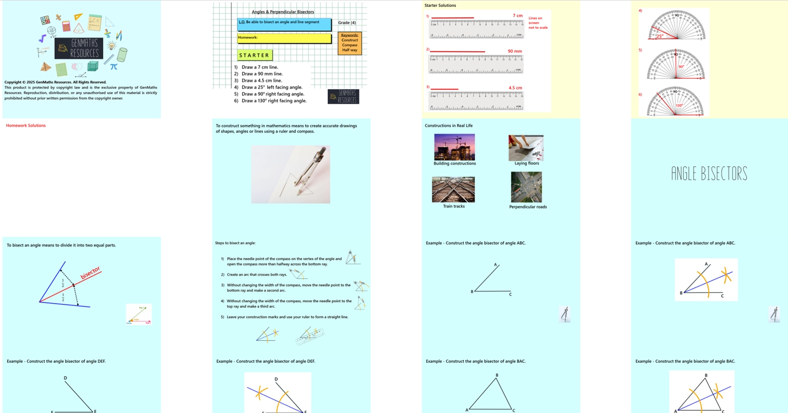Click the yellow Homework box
pos(284,38)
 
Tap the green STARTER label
pos(255,55)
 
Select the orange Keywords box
pos(350,43)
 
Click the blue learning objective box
pos(284,24)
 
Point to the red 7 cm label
pos(518,16)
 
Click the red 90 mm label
pos(515,51)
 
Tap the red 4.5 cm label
pos(515,88)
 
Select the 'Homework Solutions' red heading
pos(26,125)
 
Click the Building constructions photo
pos(454,147)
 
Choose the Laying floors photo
pos(526,147)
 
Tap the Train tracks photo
pos(453,189)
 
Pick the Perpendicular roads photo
pos(526,187)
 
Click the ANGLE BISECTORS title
pos(709,174)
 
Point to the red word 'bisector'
pos(90,273)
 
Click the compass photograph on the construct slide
pos(290,174)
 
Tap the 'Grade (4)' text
pos(347,22)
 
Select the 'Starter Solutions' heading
pos(440,5)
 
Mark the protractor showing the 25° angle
pos(676,25)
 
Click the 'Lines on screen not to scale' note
pos(538,23)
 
